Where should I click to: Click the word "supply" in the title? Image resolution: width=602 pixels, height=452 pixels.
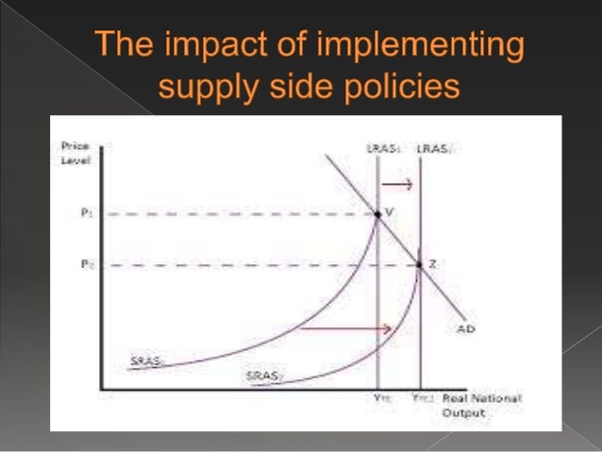point(201,90)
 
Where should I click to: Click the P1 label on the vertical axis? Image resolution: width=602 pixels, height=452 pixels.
point(86,214)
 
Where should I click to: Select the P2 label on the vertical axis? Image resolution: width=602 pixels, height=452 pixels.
point(86,265)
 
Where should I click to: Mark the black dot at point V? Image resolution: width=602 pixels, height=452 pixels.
point(378,215)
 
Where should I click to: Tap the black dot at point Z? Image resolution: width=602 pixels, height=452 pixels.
point(420,265)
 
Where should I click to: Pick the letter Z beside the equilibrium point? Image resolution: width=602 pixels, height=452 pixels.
point(431,264)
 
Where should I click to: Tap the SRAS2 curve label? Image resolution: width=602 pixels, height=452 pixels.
point(259,376)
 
